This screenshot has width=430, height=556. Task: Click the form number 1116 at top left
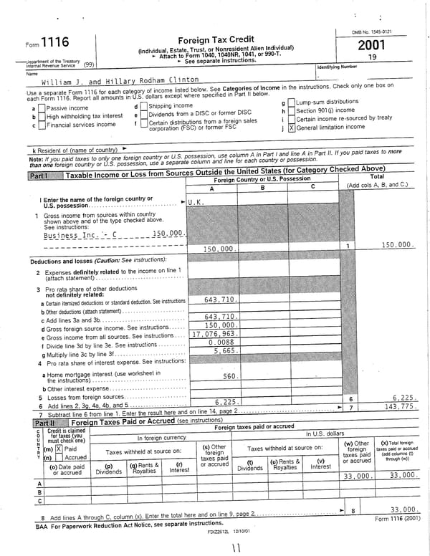pyautogui.click(x=55, y=43)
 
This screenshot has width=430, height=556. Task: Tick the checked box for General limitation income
pyautogui.click(x=292, y=128)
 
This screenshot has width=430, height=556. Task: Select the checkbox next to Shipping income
pyautogui.click(x=143, y=106)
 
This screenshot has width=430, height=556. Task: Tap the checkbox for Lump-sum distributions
pyautogui.click(x=292, y=103)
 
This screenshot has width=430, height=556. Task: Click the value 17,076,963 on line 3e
pyautogui.click(x=216, y=334)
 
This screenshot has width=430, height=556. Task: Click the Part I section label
pyautogui.click(x=38, y=176)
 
